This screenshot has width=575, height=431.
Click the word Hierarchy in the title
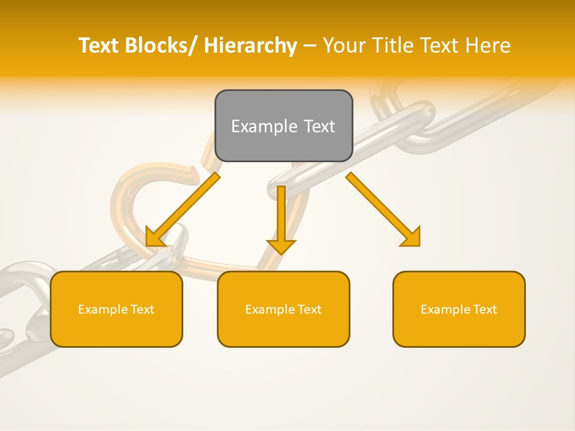click(x=250, y=45)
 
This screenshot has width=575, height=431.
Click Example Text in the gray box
click(x=283, y=126)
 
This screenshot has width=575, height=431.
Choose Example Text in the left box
click(x=116, y=309)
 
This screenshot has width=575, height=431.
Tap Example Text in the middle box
click(x=283, y=309)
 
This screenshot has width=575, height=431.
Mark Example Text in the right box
click(x=459, y=309)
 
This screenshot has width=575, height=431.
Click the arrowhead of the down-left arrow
click(x=155, y=238)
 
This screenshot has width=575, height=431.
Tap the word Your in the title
click(x=345, y=45)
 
